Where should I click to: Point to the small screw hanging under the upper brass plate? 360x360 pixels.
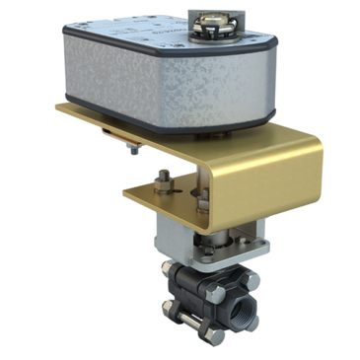click(130, 149)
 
